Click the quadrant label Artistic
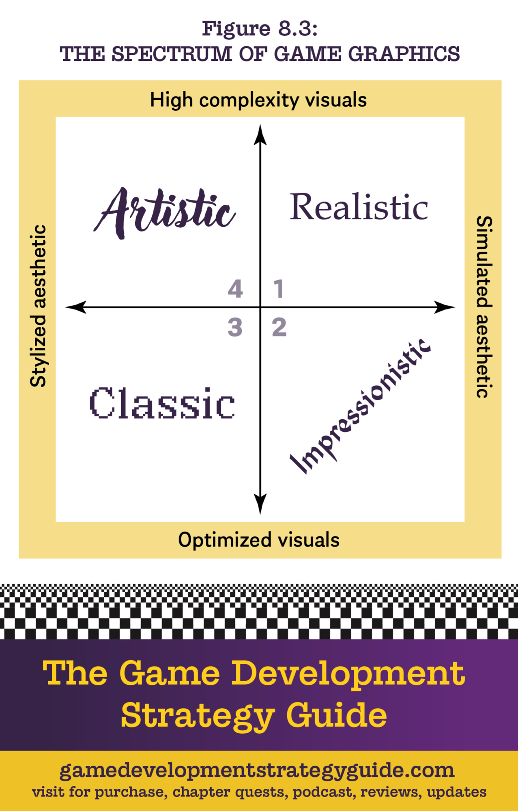pyautogui.click(x=164, y=212)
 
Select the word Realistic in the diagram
pyautogui.click(x=359, y=207)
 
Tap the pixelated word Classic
pyautogui.click(x=162, y=403)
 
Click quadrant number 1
pyautogui.click(x=278, y=289)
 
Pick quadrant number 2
pyautogui.click(x=279, y=327)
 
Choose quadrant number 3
pyautogui.click(x=235, y=327)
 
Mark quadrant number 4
pyautogui.click(x=235, y=289)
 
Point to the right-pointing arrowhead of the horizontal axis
pyautogui.click(x=444, y=307)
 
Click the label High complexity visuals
pyautogui.click(x=258, y=100)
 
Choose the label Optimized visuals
pyautogui.click(x=259, y=540)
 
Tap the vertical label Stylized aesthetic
pyautogui.click(x=39, y=306)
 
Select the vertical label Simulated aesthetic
pyautogui.click(x=484, y=307)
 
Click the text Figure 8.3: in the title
pyautogui.click(x=260, y=28)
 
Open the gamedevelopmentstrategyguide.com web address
pyautogui.click(x=257, y=770)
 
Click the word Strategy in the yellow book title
pyautogui.click(x=198, y=715)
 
